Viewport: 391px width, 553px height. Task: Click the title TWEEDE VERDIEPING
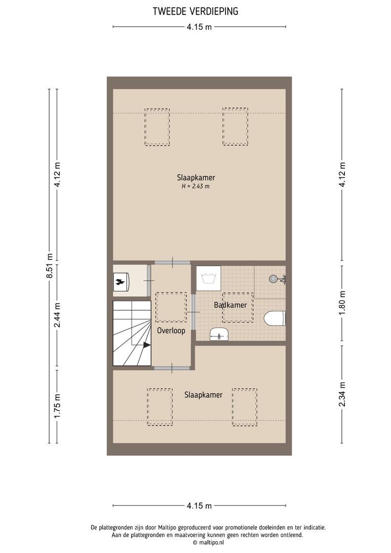(x=196, y=11)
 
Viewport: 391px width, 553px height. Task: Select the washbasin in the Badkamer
(x=220, y=334)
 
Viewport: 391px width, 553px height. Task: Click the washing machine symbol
(x=208, y=279)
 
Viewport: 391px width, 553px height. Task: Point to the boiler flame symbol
(x=121, y=281)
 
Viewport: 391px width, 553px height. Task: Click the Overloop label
(x=171, y=331)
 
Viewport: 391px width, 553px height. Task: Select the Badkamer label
(x=230, y=305)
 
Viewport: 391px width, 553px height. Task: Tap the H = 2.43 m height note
(x=196, y=186)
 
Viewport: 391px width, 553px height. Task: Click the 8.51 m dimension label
(x=50, y=266)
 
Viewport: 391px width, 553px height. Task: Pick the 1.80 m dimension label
(x=342, y=304)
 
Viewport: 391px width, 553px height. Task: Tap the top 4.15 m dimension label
(x=199, y=27)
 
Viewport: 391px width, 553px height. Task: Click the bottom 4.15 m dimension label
(x=199, y=506)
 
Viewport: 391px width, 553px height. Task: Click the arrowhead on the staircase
(x=147, y=345)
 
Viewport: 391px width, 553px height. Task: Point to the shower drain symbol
(x=274, y=279)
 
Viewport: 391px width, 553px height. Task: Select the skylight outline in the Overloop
(x=170, y=307)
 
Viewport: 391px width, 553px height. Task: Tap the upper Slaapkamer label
(x=196, y=178)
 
